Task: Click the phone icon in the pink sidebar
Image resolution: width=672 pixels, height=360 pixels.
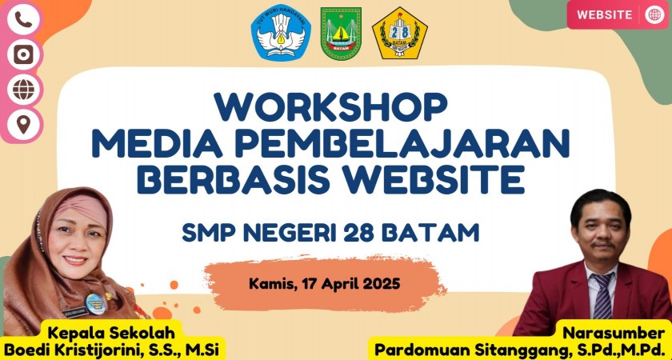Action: (23, 19)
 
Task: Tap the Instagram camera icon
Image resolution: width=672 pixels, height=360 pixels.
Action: (23, 54)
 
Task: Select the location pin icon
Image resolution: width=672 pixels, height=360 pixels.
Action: (23, 124)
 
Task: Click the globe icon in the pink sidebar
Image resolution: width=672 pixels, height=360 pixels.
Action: (23, 89)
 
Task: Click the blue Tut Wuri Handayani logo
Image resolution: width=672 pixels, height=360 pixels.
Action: (281, 32)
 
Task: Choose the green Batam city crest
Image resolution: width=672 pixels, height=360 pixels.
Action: (341, 33)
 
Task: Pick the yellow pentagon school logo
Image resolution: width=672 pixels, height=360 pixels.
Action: (399, 33)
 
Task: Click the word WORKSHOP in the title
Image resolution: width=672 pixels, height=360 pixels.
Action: (331, 106)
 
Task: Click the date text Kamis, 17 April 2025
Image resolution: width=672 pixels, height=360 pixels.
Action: (325, 283)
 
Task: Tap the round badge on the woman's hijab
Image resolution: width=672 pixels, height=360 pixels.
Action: (94, 303)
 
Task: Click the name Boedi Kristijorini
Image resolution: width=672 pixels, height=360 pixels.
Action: (77, 350)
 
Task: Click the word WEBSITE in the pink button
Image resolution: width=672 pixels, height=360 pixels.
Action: (604, 14)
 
